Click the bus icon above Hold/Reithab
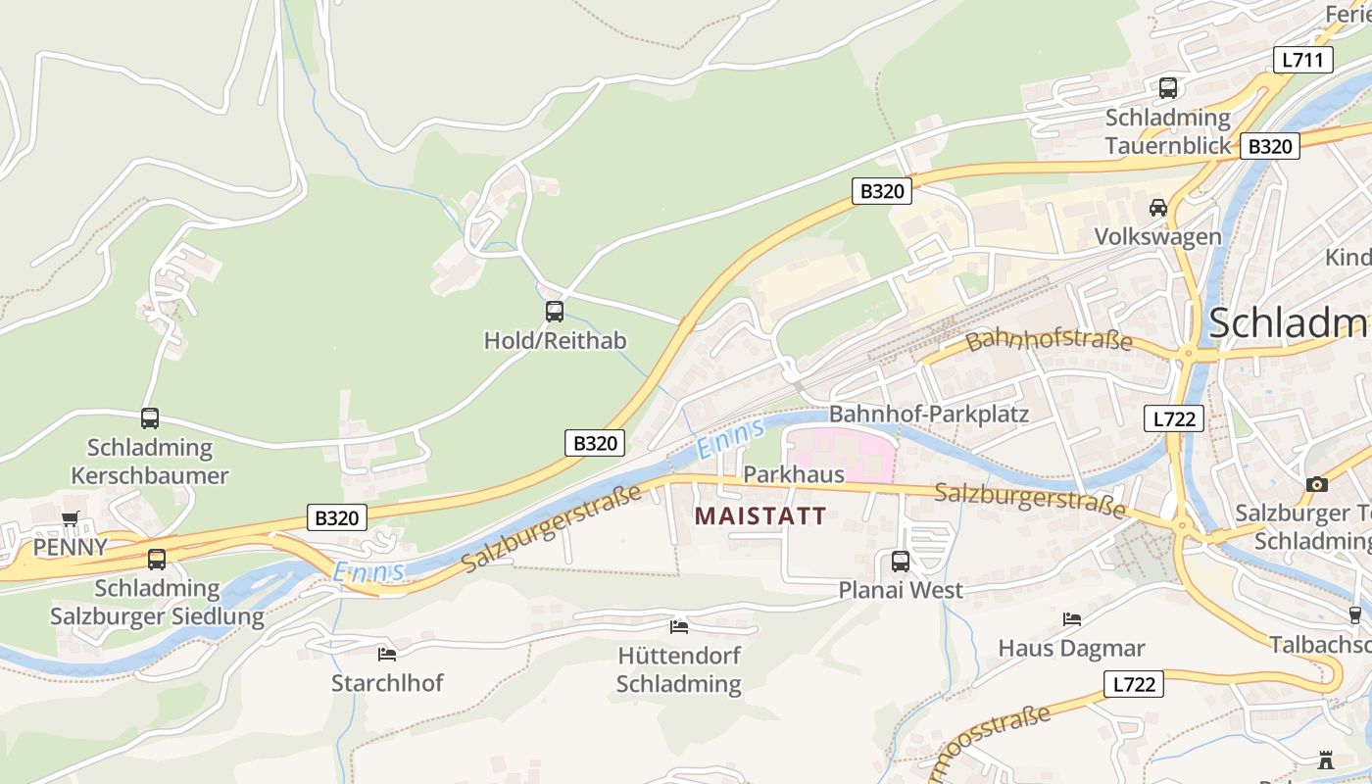(x=555, y=312)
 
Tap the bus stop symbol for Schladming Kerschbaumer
(x=150, y=418)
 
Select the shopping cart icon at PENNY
(x=71, y=518)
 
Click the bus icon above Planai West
(x=900, y=562)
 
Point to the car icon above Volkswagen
(x=1158, y=208)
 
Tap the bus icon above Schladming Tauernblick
(x=1167, y=88)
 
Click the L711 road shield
(x=1303, y=60)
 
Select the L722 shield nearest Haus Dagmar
(x=1134, y=684)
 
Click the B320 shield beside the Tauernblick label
(x=1269, y=146)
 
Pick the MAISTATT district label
(x=760, y=515)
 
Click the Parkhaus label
(x=794, y=474)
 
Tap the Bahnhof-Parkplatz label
(x=928, y=414)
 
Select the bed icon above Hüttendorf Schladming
(x=678, y=626)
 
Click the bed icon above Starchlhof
(x=387, y=654)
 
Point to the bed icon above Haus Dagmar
(x=1072, y=619)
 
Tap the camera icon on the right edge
(x=1317, y=484)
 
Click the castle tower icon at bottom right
(x=1326, y=760)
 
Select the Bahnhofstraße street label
(x=1048, y=341)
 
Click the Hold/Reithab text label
(x=555, y=341)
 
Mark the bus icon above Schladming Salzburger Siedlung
(x=157, y=560)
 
